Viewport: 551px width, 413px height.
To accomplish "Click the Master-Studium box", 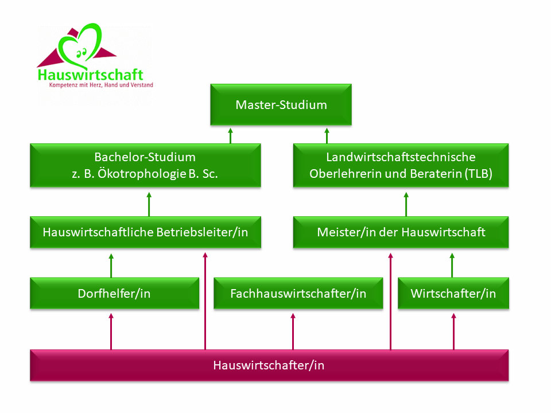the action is click(x=281, y=104).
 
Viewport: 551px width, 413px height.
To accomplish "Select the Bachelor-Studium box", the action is click(x=145, y=165).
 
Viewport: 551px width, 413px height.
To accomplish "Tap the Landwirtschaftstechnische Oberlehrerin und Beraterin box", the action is click(x=401, y=165).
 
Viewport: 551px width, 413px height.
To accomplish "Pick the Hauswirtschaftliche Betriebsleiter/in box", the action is click(x=145, y=232).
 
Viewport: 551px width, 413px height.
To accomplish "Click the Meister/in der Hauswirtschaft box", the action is click(x=401, y=232).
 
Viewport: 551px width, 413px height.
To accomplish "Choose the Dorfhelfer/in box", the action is click(x=115, y=293).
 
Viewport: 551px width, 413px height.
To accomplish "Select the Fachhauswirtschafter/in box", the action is click(x=298, y=293).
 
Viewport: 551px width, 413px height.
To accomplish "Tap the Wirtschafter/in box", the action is click(x=453, y=293).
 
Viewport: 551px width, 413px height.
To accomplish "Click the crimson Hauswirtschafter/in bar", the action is click(x=269, y=365).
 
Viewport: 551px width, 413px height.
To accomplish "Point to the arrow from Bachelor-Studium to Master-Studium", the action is click(x=231, y=135).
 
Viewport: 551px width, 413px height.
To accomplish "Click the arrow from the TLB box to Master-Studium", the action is click(x=327, y=135).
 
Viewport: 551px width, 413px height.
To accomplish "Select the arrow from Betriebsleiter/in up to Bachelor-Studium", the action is click(x=149, y=204).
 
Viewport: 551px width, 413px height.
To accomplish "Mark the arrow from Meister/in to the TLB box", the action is click(x=406, y=204).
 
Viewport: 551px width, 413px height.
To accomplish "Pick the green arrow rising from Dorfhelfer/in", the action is click(x=111, y=266).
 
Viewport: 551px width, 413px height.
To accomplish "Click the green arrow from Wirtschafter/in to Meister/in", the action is click(x=452, y=266).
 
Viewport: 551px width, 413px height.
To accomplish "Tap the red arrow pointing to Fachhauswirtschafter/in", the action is click(x=293, y=332).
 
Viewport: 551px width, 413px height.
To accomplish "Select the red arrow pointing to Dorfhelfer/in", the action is click(x=111, y=332).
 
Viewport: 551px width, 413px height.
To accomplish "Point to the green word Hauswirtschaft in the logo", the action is click(x=90, y=75).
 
